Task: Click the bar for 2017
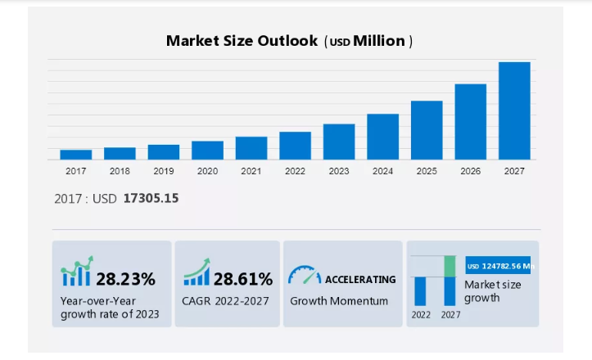tap(75, 155)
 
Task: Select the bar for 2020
tap(207, 150)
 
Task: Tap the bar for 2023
tap(339, 142)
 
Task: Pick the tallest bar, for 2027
tap(514, 110)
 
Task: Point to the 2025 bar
tap(427, 130)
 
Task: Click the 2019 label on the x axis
tap(163, 172)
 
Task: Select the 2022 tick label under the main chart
tap(295, 172)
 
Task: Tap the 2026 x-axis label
tap(470, 172)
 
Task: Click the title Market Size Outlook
tap(242, 41)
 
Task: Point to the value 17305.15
tap(151, 198)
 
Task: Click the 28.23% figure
tap(125, 279)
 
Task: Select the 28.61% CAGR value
tap(243, 279)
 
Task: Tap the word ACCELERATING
tap(360, 279)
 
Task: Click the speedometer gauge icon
tap(304, 275)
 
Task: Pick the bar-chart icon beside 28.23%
tap(76, 273)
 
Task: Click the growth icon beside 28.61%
tap(197, 273)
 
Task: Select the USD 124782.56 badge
tap(498, 266)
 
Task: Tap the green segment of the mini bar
tap(450, 266)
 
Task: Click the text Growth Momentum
tap(339, 301)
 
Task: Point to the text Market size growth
tap(492, 291)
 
